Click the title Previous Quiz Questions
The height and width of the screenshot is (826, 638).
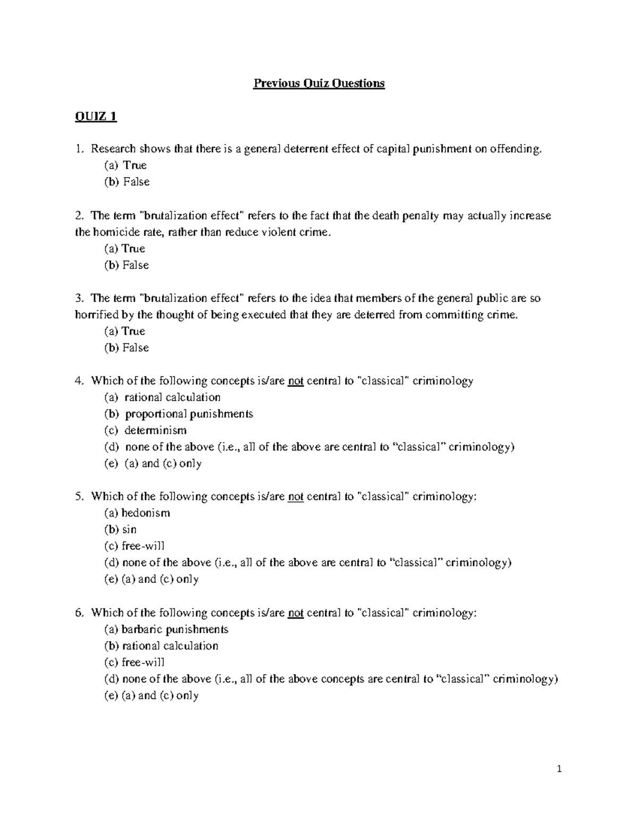point(318,84)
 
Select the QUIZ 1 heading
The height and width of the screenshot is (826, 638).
point(96,116)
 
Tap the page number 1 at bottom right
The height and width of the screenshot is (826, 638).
point(559,769)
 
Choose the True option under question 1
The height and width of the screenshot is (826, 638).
point(135,165)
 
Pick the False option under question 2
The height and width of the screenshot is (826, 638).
point(136,265)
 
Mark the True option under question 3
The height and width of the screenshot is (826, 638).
point(133,331)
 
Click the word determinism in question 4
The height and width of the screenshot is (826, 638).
point(155,430)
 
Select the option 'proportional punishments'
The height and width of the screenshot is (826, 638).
point(189,414)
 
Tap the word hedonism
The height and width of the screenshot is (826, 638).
point(146,513)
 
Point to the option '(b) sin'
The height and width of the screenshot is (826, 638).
point(121,530)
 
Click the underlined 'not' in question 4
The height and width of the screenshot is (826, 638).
point(296,381)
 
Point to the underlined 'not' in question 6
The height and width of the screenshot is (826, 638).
point(296,613)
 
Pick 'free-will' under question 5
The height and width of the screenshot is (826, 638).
point(143,546)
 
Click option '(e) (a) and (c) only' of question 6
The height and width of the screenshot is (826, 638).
point(152,696)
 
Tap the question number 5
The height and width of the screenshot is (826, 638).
point(79,497)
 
